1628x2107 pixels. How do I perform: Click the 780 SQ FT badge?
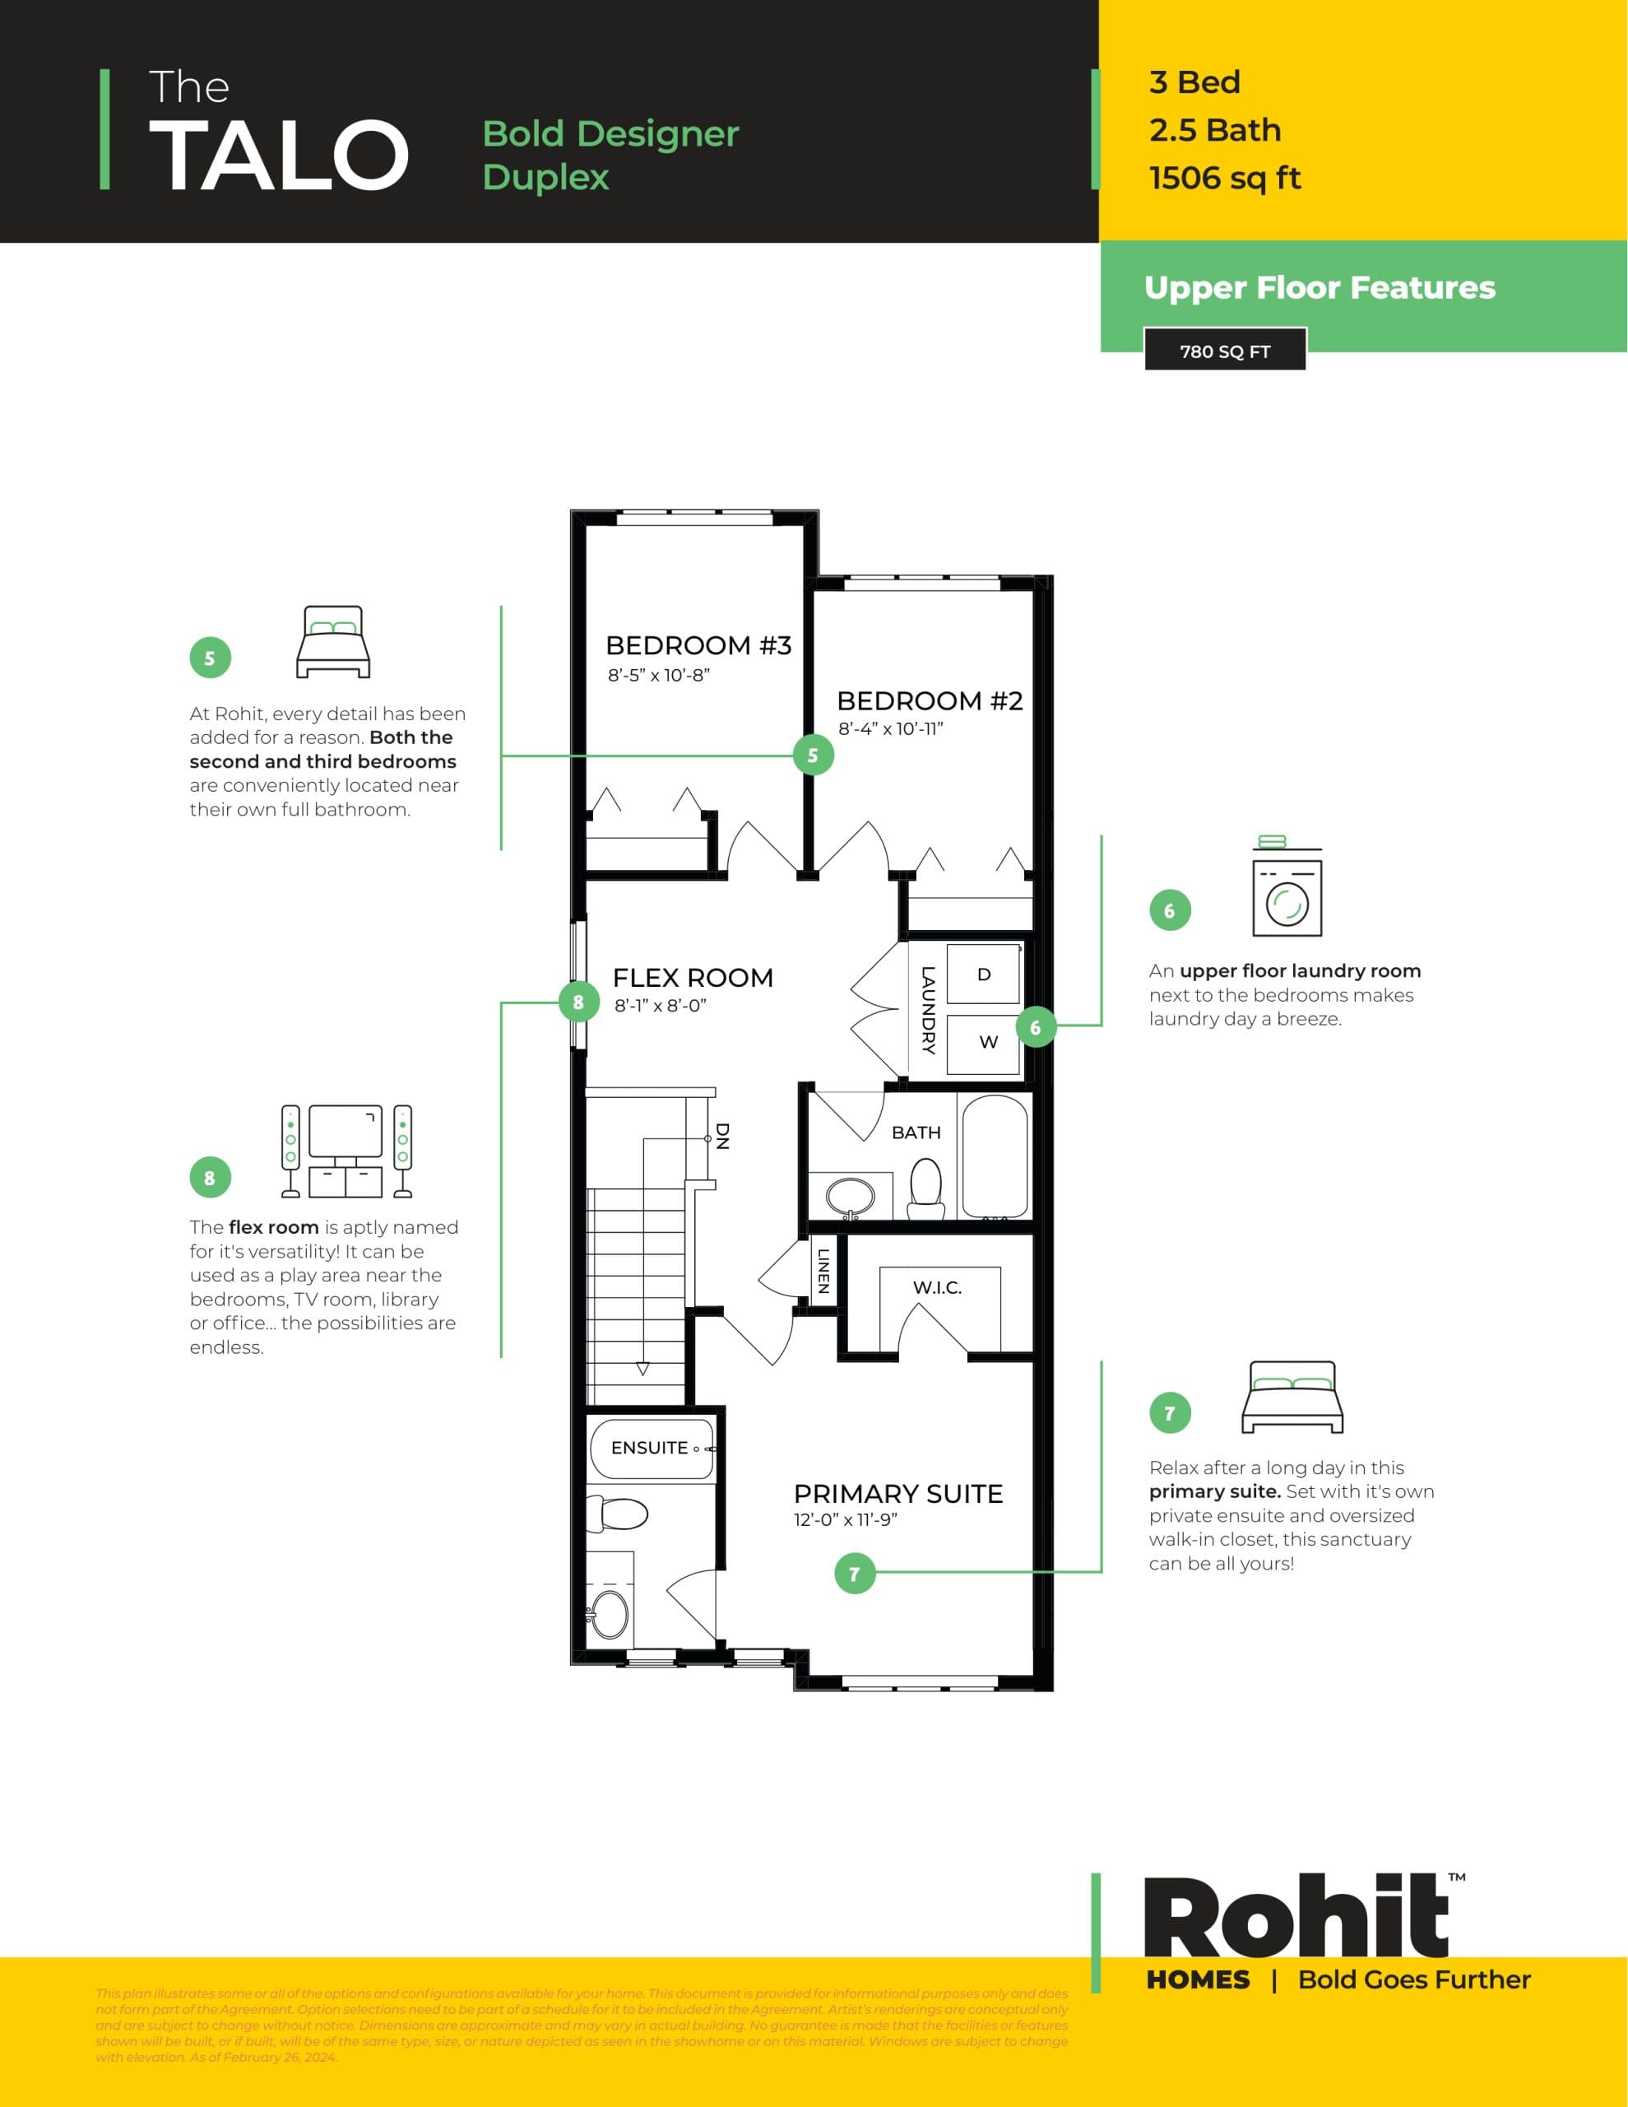[1225, 351]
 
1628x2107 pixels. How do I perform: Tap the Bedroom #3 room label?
[698, 645]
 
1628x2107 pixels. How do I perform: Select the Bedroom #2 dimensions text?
[890, 729]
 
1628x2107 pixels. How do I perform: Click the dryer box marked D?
[984, 974]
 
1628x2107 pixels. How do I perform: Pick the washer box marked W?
[985, 1043]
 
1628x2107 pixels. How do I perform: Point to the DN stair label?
[722, 1137]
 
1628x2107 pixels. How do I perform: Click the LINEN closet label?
[823, 1271]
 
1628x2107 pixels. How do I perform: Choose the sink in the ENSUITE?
[609, 1614]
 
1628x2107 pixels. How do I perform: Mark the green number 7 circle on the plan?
[855, 1574]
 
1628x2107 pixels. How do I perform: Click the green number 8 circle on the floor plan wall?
[577, 1002]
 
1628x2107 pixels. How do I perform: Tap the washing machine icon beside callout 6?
[1287, 889]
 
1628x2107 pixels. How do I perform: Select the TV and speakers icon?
[346, 1150]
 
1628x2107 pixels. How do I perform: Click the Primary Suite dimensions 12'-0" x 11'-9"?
[845, 1519]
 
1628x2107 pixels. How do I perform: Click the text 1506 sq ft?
[1225, 179]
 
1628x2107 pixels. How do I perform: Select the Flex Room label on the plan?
[693, 979]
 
